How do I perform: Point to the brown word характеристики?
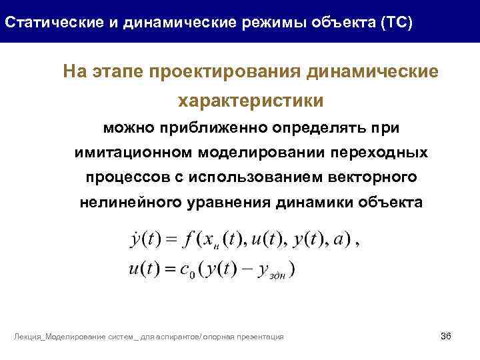tap(250, 101)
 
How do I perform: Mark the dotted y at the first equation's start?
tap(131, 239)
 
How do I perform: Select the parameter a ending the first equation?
tap(344, 239)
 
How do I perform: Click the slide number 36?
tap(446, 335)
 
